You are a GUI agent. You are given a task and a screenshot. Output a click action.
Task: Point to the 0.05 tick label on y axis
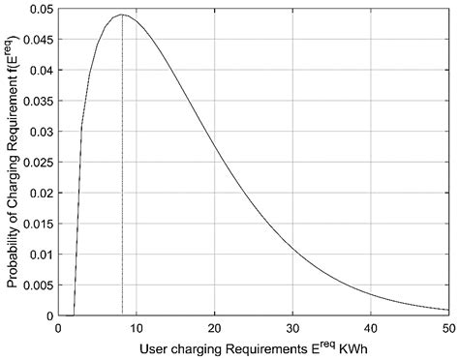(x=41, y=8)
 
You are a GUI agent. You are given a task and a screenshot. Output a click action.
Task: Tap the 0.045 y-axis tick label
(x=38, y=39)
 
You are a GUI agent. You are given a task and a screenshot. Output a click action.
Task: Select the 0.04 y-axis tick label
(x=41, y=70)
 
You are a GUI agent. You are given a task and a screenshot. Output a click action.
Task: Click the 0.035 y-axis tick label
(x=38, y=101)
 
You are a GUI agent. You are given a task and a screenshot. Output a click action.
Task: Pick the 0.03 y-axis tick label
(x=41, y=131)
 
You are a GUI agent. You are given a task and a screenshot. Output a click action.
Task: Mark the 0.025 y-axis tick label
(x=38, y=162)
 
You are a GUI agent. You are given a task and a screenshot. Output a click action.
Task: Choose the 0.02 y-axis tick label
(x=41, y=193)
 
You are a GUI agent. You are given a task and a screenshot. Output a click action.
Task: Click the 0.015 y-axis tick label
(x=38, y=224)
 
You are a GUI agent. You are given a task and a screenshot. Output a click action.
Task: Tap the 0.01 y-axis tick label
(x=41, y=254)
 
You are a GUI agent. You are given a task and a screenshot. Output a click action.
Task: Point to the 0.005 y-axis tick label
(x=38, y=285)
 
